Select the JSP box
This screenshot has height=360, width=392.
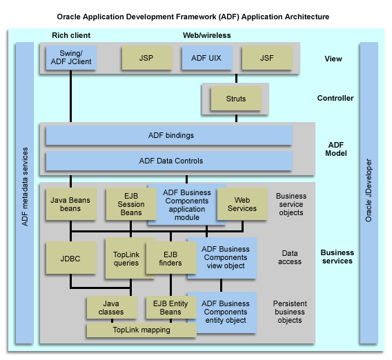tap(146, 59)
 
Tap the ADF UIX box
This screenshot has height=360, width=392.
tap(206, 59)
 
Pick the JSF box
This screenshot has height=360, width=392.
tap(266, 59)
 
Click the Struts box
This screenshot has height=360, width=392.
tap(236, 99)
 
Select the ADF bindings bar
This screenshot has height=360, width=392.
tap(169, 135)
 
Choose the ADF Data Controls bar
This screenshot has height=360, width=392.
tap(169, 161)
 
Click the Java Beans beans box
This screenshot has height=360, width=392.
tap(70, 203)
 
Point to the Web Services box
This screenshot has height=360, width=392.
tap(242, 203)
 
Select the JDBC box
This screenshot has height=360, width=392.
tap(70, 259)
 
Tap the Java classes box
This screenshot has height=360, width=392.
tap(110, 308)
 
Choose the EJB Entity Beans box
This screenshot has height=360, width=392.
tap(169, 308)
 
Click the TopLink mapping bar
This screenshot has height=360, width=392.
tap(141, 330)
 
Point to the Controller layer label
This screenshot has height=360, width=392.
tap(335, 99)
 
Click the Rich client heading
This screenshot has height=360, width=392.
tap(71, 35)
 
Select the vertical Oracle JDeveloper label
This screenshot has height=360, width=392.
tap(369, 193)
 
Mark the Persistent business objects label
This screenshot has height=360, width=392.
tap(290, 312)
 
